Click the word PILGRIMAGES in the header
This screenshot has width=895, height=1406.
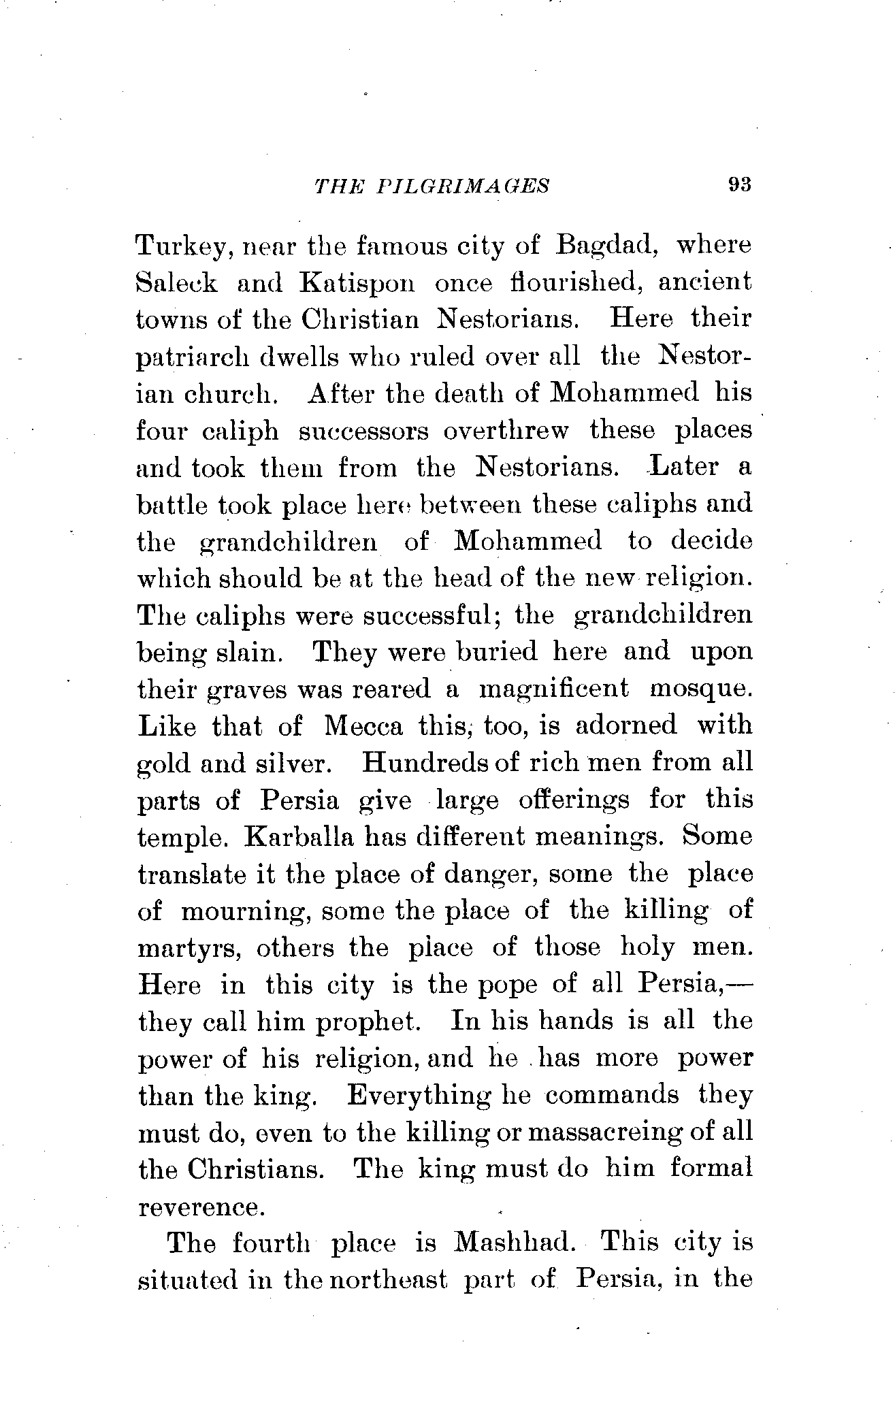click(462, 185)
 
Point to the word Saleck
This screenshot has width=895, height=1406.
click(177, 283)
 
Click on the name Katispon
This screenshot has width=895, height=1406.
click(356, 283)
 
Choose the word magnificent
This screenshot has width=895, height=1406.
click(554, 689)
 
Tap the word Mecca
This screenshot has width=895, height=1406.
click(365, 725)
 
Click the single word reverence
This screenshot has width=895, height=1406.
click(199, 1207)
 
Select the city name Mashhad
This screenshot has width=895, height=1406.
click(515, 1243)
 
